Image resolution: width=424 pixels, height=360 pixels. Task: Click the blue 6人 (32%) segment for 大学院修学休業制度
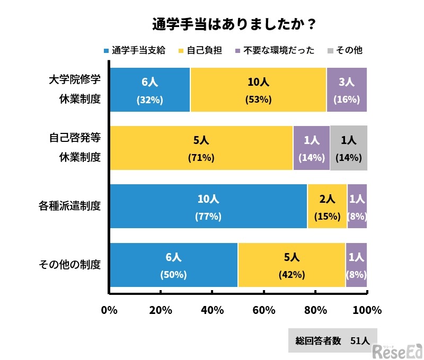149,90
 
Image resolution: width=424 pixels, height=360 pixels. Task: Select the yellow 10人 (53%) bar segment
258,90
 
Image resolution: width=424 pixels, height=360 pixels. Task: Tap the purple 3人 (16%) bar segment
347,90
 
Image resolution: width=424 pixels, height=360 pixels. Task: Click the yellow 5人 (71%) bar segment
201,148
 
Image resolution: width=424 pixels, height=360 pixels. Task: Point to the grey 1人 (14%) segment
348,148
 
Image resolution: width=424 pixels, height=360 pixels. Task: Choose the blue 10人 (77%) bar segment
208,206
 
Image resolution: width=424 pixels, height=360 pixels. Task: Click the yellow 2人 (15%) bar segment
327,206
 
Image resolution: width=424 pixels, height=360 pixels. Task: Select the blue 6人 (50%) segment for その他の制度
173,265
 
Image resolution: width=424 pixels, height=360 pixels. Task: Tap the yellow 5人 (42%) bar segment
291,265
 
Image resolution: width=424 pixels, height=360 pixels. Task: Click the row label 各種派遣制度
69,206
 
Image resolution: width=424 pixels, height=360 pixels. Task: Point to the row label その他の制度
69,265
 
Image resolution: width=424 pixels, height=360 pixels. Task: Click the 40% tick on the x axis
212,310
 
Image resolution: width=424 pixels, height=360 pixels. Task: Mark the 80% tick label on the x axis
315,310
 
